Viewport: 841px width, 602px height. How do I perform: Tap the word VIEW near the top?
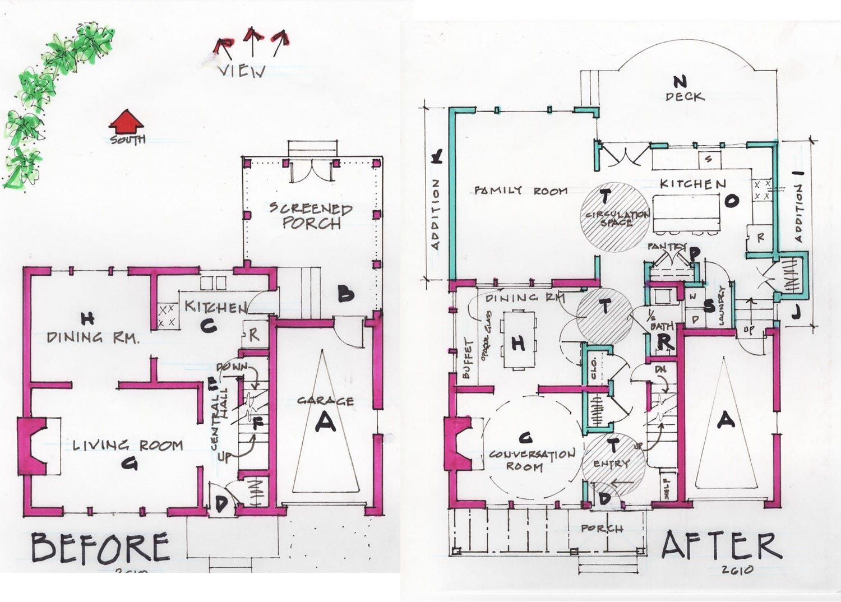tap(242, 72)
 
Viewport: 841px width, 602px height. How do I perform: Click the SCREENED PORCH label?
tap(311, 216)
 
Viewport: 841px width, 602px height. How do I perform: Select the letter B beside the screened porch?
tap(345, 294)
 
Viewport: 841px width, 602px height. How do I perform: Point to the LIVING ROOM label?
tap(128, 446)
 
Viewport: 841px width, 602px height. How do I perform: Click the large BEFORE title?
tap(100, 548)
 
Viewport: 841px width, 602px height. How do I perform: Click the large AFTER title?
tap(721, 545)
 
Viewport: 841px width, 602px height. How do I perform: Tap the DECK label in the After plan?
tap(685, 96)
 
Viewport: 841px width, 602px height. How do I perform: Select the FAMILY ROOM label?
tap(521, 191)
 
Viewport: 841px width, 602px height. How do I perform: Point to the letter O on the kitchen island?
tap(732, 200)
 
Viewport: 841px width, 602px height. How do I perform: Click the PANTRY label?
tap(666, 247)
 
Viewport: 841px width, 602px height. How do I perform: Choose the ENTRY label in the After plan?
tap(611, 464)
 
